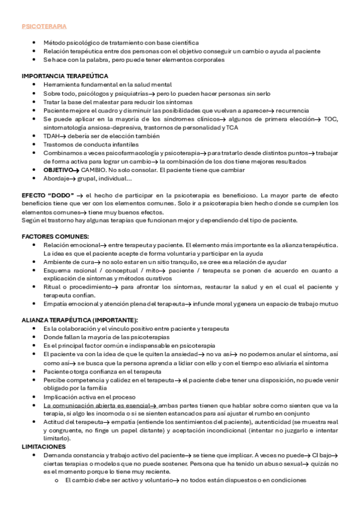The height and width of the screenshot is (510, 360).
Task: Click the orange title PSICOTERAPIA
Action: [44, 27]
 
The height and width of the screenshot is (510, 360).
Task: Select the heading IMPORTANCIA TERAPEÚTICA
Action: [65, 76]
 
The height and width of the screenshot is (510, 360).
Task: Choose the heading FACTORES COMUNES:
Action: [55, 236]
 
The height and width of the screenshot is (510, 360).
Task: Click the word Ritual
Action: [52, 287]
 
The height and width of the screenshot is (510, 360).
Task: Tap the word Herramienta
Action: [62, 85]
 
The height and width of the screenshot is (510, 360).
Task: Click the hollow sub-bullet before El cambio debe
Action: [56, 481]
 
